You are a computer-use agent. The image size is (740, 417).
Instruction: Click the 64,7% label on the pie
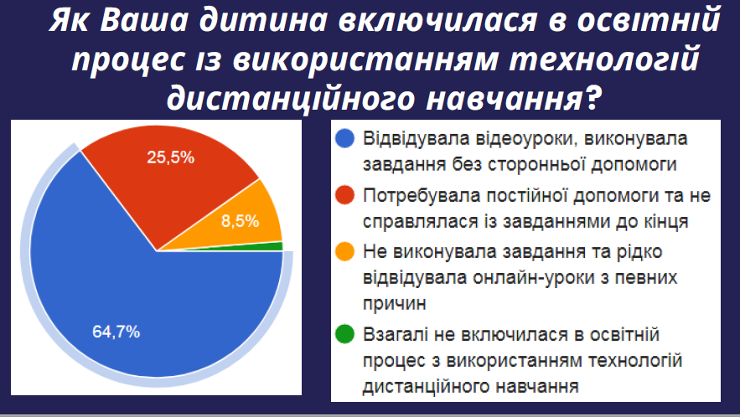pos(116,332)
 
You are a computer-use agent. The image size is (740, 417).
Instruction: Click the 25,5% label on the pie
pos(170,157)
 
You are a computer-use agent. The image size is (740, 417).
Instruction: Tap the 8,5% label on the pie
pos(241,221)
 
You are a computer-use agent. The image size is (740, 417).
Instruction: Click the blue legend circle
pos(344,138)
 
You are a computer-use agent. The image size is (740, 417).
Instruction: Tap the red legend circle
pos(344,195)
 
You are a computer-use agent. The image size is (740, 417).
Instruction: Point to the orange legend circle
pos(344,251)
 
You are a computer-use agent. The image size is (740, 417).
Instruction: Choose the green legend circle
pos(344,334)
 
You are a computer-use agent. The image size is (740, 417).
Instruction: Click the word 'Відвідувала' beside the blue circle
pos(417,139)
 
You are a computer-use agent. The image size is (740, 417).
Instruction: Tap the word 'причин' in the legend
pos(395,304)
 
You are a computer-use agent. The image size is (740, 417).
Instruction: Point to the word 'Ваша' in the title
pos(143,20)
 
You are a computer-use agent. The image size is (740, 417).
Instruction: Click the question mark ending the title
pos(593,98)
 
